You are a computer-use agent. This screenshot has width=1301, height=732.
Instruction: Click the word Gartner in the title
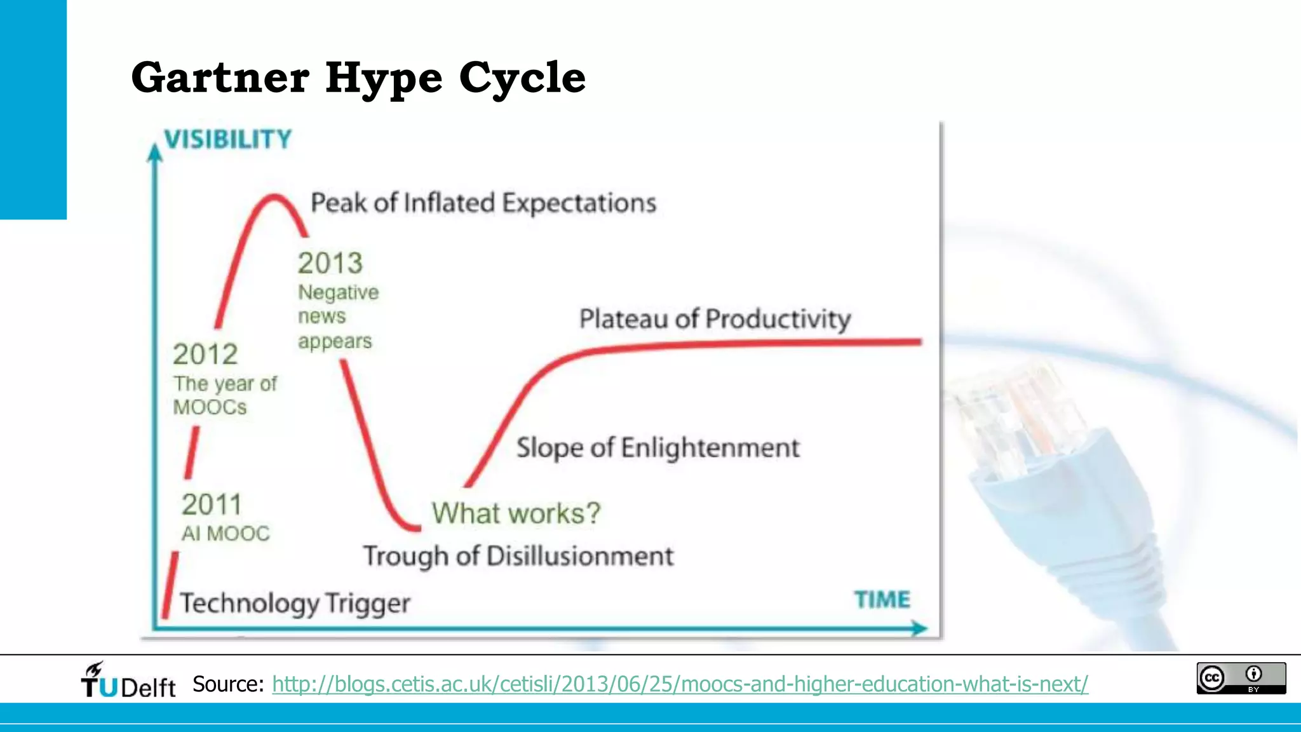(220, 78)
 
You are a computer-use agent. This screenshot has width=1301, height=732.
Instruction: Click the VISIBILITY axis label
(227, 139)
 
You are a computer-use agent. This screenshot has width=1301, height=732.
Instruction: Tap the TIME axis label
(882, 599)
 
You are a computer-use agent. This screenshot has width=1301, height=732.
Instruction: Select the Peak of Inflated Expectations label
(483, 203)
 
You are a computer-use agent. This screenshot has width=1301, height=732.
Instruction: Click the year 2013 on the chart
(330, 263)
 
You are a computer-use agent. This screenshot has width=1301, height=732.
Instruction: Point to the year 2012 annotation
(205, 354)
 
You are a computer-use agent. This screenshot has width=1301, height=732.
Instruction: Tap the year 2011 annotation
(212, 505)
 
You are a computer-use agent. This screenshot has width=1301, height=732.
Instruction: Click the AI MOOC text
(226, 533)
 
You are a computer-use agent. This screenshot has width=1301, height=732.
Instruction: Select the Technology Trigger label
(295, 603)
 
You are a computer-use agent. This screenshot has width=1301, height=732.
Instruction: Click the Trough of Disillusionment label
(518, 556)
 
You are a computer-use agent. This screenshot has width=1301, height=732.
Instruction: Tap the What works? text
(516, 513)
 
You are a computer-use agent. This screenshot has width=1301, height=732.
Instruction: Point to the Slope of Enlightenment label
(657, 447)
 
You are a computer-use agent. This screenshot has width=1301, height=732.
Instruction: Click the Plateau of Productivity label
(715, 318)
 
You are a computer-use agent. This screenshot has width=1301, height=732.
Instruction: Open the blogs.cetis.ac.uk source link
(680, 684)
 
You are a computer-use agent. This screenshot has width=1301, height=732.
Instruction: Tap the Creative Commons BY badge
(1241, 678)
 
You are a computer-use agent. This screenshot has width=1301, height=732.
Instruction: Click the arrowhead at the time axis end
(919, 628)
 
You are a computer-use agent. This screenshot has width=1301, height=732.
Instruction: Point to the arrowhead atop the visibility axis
(154, 152)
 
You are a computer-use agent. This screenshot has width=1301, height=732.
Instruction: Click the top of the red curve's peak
(274, 197)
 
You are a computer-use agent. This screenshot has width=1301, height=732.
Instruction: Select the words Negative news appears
(337, 316)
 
